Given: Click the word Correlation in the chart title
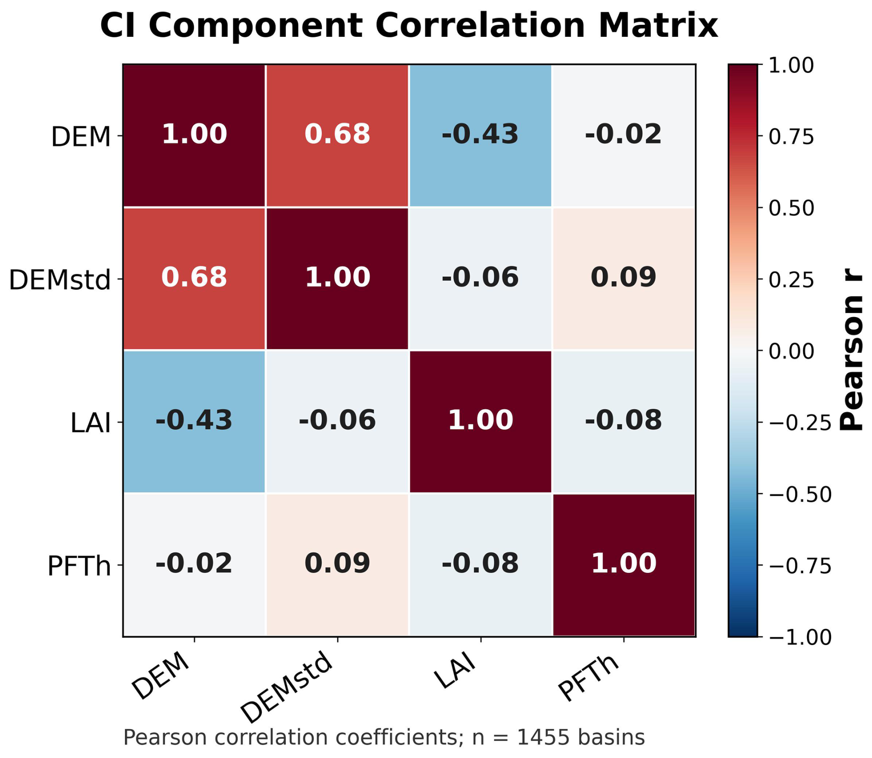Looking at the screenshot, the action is pos(480,26).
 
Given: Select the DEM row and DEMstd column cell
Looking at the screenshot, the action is pos(337,135).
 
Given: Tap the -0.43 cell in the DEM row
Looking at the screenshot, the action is pos(480,135).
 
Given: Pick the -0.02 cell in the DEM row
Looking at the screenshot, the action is pos(624,135).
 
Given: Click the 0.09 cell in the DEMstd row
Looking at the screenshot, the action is pos(624,278).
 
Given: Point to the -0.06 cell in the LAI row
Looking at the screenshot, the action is pos(337,422).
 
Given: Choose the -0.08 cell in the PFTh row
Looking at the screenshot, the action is pos(480,564).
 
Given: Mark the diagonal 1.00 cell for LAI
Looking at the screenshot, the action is pos(480,422).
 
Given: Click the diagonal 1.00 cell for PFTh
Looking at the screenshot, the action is pos(624,564).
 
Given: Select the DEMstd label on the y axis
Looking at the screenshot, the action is pos(60,280).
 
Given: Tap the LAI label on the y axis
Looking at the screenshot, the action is pos(91,423).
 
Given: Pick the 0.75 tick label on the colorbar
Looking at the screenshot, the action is pos(791,137).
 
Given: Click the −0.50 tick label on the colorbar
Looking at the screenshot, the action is pos(800,494).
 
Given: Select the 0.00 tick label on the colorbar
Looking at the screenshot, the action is pos(791,352).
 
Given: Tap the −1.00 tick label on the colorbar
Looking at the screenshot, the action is pos(800,638).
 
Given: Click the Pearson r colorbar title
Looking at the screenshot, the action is pos(850,350).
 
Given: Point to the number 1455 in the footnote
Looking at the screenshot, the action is pos(537,738).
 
